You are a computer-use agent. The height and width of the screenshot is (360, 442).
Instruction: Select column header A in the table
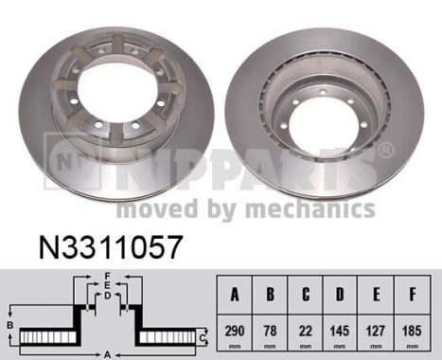pyautogui.click(x=236, y=294)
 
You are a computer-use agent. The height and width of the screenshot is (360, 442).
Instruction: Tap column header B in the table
pyautogui.click(x=272, y=294)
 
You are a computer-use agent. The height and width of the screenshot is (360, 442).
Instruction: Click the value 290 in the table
pyautogui.click(x=236, y=333)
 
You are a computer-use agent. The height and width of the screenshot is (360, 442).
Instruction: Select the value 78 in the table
pyautogui.click(x=272, y=333)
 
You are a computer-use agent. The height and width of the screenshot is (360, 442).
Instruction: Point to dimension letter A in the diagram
pyautogui.click(x=107, y=353)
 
